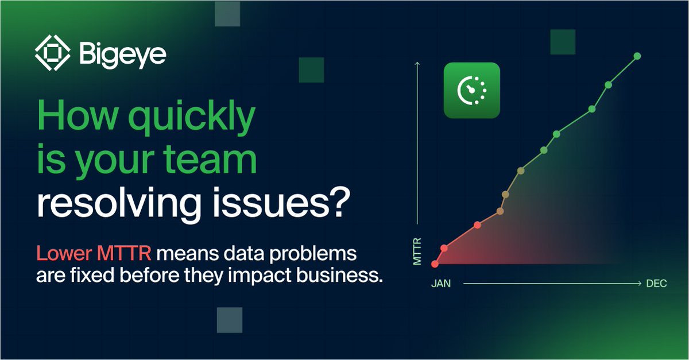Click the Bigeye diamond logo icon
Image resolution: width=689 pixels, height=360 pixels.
(53, 54)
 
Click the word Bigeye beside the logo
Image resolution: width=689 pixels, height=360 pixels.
(122, 55)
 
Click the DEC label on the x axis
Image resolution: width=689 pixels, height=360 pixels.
(656, 284)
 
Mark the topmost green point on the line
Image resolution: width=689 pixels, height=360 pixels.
(637, 56)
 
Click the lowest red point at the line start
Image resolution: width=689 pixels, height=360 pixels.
(435, 264)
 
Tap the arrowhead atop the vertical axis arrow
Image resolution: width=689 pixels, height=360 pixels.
(417, 64)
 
